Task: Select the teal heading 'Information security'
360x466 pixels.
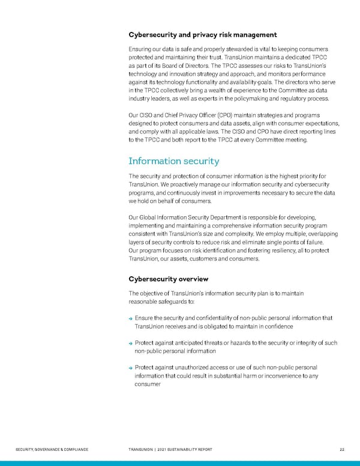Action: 174,161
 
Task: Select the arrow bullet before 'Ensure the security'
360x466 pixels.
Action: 131,318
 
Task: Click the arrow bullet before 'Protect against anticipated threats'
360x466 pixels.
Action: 131,343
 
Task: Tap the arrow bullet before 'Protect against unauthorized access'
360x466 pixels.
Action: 131,368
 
